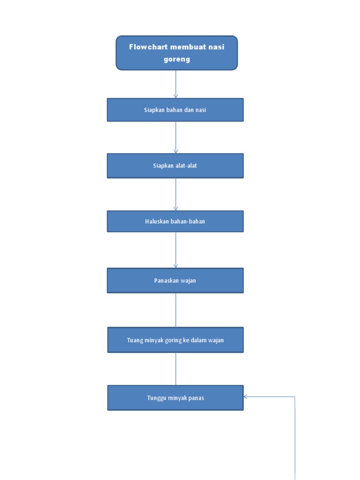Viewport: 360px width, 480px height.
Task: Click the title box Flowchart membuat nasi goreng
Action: tap(177, 53)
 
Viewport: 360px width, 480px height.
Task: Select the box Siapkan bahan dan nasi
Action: tap(175, 110)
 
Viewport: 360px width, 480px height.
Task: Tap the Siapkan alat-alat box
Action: tap(175, 165)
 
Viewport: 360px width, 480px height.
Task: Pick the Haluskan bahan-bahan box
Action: tap(175, 221)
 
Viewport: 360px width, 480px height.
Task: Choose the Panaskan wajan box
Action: tap(175, 280)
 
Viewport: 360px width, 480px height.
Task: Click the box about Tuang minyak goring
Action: tap(175, 340)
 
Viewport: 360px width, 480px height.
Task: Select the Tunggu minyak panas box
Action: tap(175, 398)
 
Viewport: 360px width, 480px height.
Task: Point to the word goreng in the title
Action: tap(177, 60)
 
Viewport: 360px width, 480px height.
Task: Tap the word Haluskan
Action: tap(157, 221)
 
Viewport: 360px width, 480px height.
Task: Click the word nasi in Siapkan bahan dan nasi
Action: tap(201, 110)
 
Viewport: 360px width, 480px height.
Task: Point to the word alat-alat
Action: tap(186, 165)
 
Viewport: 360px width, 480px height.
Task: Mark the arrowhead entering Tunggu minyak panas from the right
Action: tap(246, 397)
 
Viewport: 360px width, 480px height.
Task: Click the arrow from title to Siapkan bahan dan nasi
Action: tap(176, 84)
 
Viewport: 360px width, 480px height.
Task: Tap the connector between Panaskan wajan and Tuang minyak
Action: tap(176, 310)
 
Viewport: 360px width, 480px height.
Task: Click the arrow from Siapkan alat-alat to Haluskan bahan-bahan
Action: tap(176, 194)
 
